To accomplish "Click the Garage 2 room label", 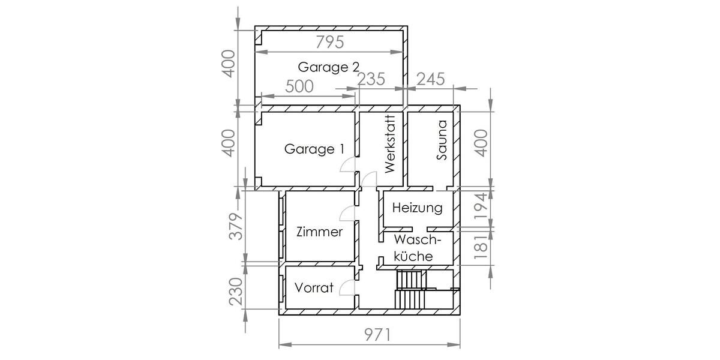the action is pos(329,67).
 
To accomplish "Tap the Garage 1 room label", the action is pos(314,149).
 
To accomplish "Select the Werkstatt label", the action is pos(389,144).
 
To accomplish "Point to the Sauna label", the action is pos(442,140).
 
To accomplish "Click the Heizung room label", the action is pos(417,208).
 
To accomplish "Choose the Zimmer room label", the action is pos(319,232).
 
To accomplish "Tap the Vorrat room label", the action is pos(314,287).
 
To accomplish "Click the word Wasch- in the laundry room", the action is pos(418,240).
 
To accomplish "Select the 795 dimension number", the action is pos(330,42).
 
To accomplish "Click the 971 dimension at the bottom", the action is pos(377,335).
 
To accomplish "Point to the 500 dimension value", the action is pos(299,86).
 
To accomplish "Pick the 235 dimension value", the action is pos(371,79).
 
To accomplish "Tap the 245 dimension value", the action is pos(431,79).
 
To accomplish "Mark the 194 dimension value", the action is pos(481,206).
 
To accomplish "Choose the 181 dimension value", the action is pos(481,247).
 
